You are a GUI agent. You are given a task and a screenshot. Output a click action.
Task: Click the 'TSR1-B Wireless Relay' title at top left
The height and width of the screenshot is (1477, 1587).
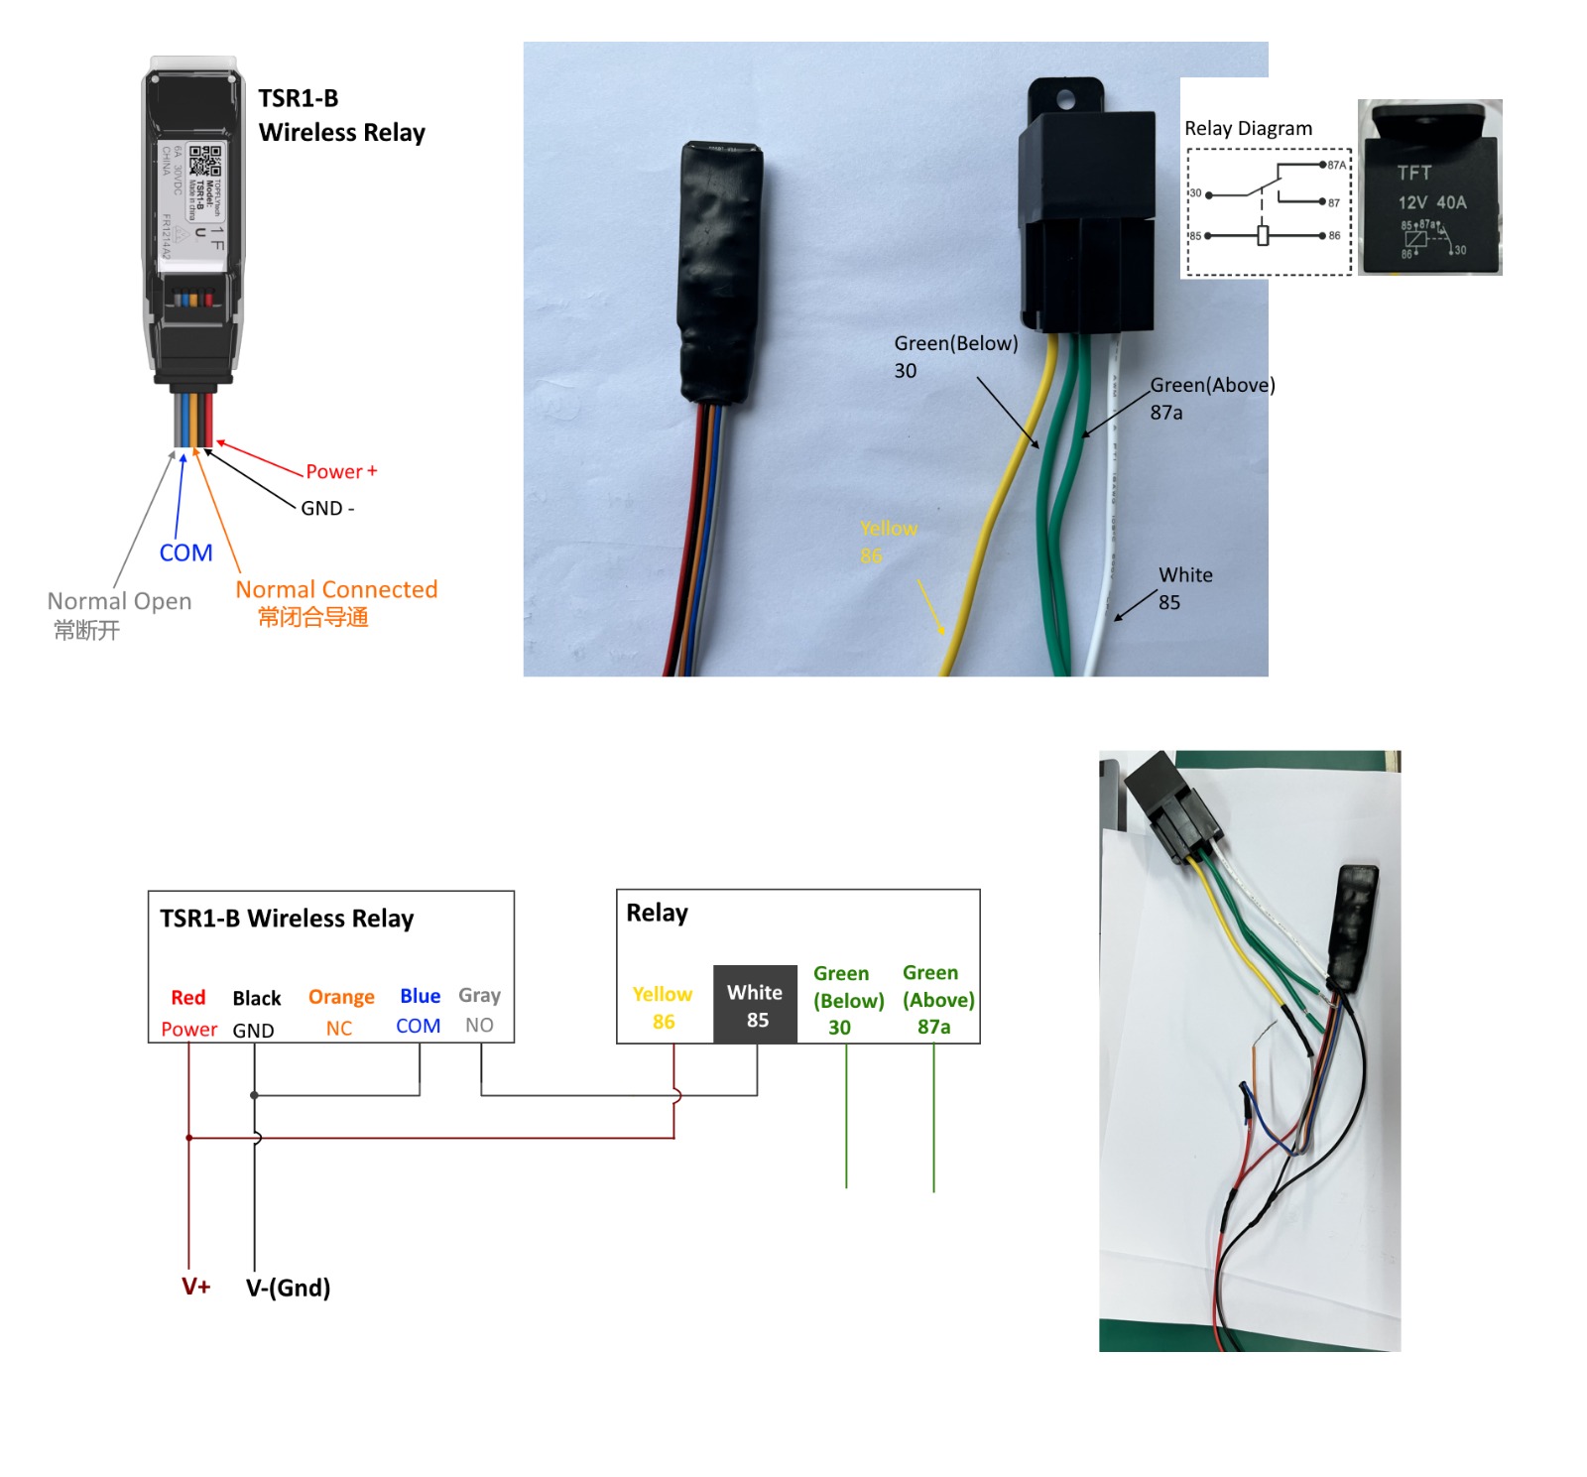[341, 115]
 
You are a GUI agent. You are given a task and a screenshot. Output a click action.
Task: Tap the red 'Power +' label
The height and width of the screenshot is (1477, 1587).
[340, 471]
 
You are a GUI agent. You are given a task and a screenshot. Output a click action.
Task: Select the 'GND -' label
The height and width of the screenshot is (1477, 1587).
[327, 508]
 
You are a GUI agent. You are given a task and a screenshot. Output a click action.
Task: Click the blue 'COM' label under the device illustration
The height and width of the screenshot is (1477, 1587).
[185, 553]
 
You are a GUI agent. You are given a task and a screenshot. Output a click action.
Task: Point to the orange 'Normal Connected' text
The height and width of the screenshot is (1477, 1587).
[336, 589]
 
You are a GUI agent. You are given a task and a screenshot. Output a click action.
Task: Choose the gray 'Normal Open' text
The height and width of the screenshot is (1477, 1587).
[119, 601]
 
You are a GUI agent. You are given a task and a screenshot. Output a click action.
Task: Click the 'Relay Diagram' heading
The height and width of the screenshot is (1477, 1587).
[1248, 128]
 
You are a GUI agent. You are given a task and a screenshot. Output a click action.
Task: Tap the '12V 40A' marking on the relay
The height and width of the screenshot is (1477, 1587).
[1431, 202]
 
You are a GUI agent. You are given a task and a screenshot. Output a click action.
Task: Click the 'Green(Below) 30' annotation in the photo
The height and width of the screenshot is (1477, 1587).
[955, 356]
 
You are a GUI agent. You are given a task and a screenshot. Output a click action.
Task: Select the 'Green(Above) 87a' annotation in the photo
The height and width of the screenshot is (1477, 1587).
[1212, 398]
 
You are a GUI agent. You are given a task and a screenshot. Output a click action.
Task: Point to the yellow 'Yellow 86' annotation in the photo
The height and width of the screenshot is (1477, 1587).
[888, 542]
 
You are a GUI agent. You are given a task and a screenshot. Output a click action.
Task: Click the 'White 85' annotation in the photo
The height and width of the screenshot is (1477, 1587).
[1184, 588]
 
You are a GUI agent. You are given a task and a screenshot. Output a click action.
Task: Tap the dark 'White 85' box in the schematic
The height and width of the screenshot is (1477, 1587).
[755, 1005]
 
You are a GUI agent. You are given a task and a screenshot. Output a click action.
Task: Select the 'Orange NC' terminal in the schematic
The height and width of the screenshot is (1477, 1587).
[340, 1012]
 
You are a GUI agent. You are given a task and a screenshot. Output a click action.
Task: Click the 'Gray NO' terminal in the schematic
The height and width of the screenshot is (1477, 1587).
[479, 1010]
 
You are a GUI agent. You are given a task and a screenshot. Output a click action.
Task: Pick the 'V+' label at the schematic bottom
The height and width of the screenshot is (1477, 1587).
[195, 1287]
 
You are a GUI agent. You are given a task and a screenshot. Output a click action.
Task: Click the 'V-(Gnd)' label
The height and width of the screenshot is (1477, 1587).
[288, 1288]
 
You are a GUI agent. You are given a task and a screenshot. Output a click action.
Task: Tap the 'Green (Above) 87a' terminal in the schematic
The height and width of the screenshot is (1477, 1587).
[937, 999]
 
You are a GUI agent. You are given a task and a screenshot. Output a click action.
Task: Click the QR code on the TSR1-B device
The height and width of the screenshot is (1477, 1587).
[205, 159]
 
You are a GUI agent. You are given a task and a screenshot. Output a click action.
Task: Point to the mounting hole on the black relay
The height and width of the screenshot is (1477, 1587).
[1065, 99]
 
